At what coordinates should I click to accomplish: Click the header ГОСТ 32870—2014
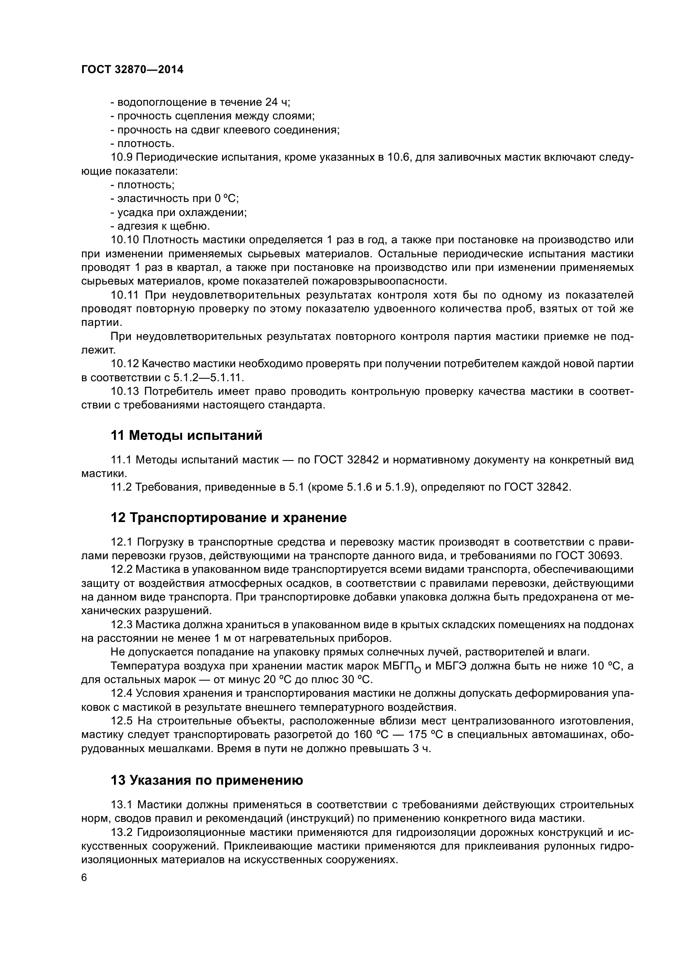[x=132, y=70]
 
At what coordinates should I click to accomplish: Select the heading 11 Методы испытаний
[x=186, y=435]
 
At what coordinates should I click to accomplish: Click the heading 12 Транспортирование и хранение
[x=229, y=518]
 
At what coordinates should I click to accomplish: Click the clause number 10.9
[x=121, y=157]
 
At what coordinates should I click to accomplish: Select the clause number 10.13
[x=124, y=392]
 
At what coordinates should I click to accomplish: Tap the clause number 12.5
[x=121, y=721]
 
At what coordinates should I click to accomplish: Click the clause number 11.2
[x=121, y=487]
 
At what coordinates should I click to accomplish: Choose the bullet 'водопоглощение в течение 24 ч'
[x=200, y=102]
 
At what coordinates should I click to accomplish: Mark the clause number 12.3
[x=121, y=625]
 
